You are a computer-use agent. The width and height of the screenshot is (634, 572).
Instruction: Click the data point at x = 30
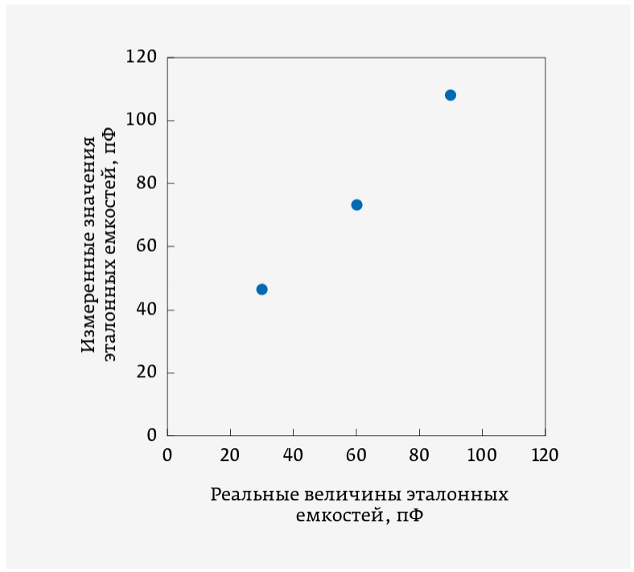[x=261, y=289]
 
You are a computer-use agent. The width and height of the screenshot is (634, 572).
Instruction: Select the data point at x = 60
[x=356, y=204]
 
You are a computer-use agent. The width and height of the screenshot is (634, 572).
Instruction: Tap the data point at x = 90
[x=451, y=95]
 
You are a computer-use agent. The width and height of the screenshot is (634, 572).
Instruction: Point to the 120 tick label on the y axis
[x=141, y=58]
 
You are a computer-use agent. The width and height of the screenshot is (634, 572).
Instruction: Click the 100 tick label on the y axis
[x=141, y=121]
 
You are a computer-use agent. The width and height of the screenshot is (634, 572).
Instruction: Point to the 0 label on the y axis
[x=150, y=435]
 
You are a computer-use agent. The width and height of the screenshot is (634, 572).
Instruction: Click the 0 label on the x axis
[x=167, y=455]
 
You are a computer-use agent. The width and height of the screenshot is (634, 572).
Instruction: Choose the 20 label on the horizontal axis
[x=230, y=455]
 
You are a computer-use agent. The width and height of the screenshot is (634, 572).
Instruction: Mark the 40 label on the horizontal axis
[x=293, y=455]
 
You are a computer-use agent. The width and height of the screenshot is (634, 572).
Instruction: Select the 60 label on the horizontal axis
[x=356, y=455]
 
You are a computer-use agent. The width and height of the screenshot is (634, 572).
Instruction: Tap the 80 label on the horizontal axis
[x=419, y=455]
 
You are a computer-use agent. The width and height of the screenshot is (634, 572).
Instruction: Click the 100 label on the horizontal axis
[x=482, y=455]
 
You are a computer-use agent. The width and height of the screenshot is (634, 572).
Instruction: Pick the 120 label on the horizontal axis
[x=545, y=455]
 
